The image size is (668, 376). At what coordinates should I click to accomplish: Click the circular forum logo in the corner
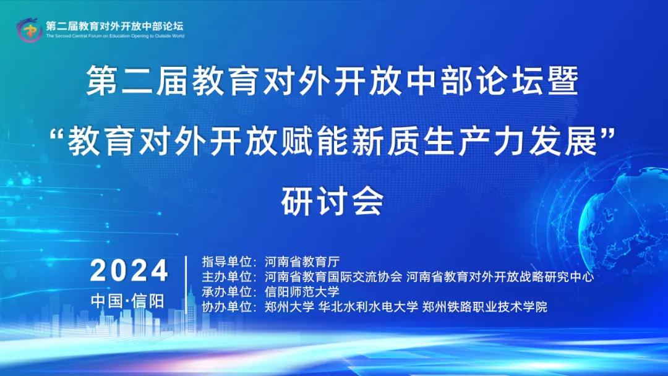[29, 30]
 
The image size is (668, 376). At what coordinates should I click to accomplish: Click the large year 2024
[129, 270]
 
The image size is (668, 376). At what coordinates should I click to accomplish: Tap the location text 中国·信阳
[127, 301]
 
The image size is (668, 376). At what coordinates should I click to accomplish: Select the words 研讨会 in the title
[333, 202]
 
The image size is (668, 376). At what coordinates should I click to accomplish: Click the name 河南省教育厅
[302, 262]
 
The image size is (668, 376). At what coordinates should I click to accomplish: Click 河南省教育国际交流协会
[333, 277]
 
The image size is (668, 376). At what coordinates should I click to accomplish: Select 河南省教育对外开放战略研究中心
[500, 277]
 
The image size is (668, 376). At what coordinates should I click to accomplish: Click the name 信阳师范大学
[302, 292]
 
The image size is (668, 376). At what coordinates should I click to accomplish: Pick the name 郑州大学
[289, 307]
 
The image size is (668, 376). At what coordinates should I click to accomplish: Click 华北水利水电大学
[368, 307]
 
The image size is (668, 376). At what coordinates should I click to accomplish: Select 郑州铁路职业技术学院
[485, 307]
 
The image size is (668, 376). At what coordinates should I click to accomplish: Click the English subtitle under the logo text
[115, 36]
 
